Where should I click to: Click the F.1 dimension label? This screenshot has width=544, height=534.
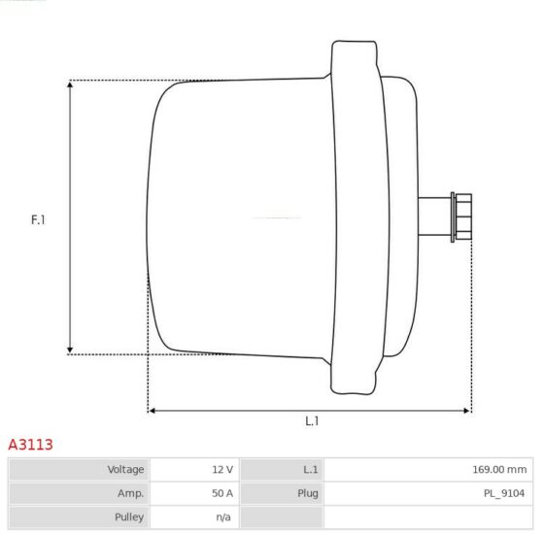(38, 219)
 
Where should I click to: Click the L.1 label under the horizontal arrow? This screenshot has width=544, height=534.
(312, 421)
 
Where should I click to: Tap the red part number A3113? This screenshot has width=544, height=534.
(30, 445)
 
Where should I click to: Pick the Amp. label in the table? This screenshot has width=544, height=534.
(130, 493)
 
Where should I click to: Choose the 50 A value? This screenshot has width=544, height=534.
(222, 493)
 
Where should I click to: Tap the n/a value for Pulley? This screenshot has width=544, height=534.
(223, 517)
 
